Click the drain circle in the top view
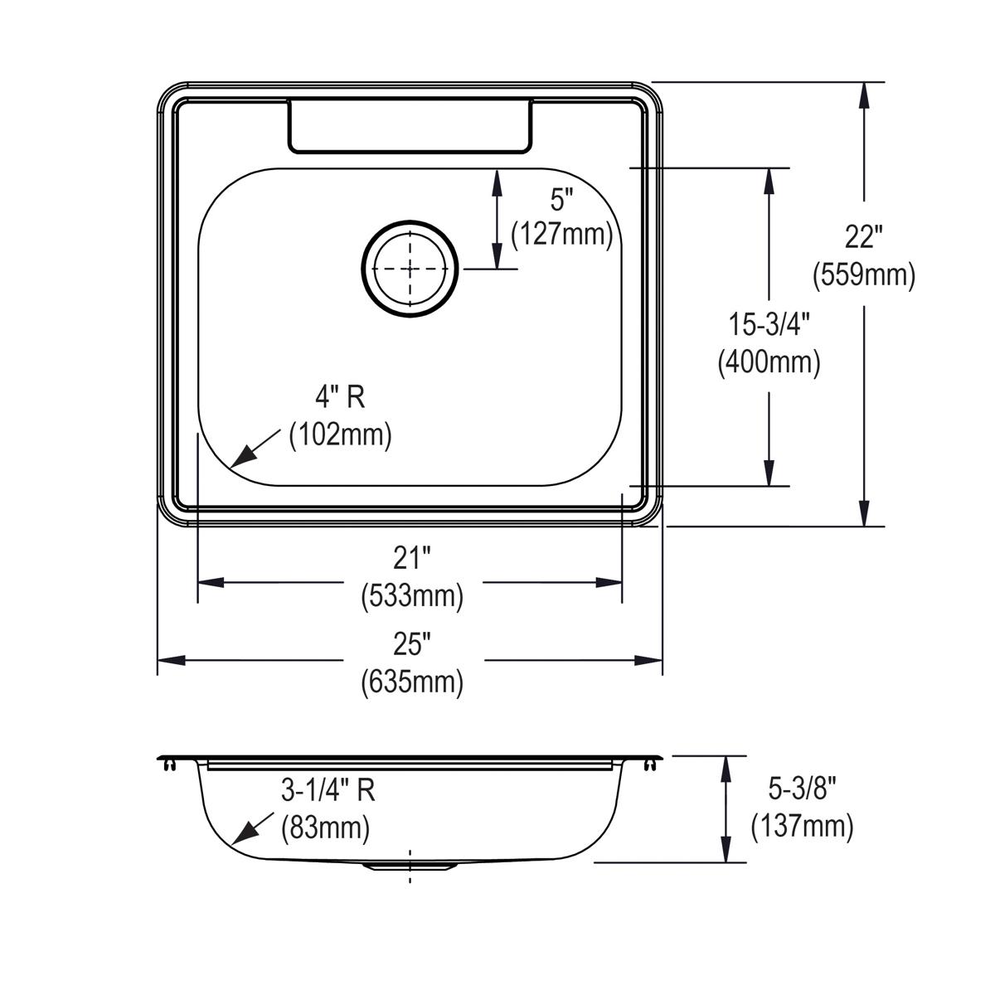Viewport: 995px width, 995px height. tap(410, 269)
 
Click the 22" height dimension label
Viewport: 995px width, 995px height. tap(863, 239)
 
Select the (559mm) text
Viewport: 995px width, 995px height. tap(863, 274)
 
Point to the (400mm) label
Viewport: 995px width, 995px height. tap(769, 362)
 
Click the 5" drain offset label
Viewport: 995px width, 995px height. tap(561, 200)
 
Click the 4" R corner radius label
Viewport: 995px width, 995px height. tap(339, 398)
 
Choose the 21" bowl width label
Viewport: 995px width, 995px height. tap(412, 560)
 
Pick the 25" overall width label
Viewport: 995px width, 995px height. tap(412, 643)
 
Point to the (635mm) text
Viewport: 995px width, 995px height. tap(412, 682)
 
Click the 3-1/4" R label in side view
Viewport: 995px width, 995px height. tap(328, 791)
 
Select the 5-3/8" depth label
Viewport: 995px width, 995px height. tap(801, 789)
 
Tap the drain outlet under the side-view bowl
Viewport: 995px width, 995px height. tap(410, 866)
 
